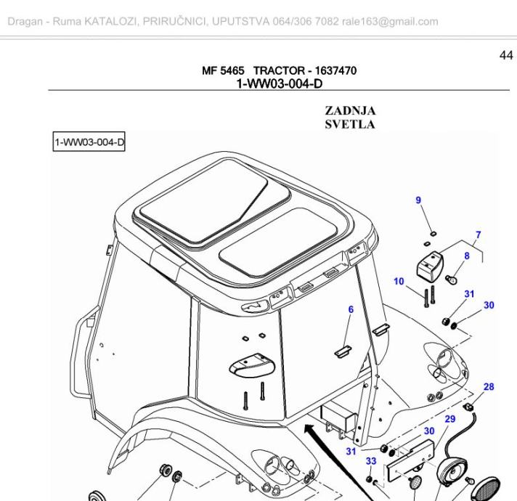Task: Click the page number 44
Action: [x=505, y=55]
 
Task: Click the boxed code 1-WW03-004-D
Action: [x=89, y=142]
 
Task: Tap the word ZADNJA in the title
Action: [x=350, y=111]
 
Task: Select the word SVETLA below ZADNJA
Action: [x=350, y=123]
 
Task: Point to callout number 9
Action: [x=418, y=200]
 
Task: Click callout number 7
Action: [x=478, y=235]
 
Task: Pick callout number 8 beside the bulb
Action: [x=467, y=255]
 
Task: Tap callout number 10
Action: [x=399, y=281]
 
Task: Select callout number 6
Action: [x=351, y=309]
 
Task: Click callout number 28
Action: [x=489, y=387]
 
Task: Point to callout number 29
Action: [x=449, y=419]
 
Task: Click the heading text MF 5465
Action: [x=224, y=71]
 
